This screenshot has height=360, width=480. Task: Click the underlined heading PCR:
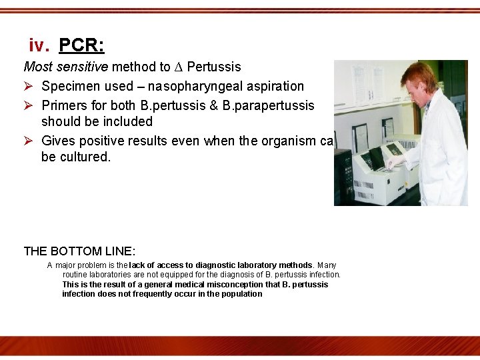[x=81, y=45]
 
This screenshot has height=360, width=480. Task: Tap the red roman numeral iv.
[x=39, y=45]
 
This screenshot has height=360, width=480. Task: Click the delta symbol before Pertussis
[x=178, y=67]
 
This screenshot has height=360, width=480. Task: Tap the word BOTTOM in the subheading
[x=75, y=251]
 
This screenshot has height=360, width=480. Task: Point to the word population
[x=241, y=294]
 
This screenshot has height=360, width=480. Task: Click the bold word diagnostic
[x=216, y=265]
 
